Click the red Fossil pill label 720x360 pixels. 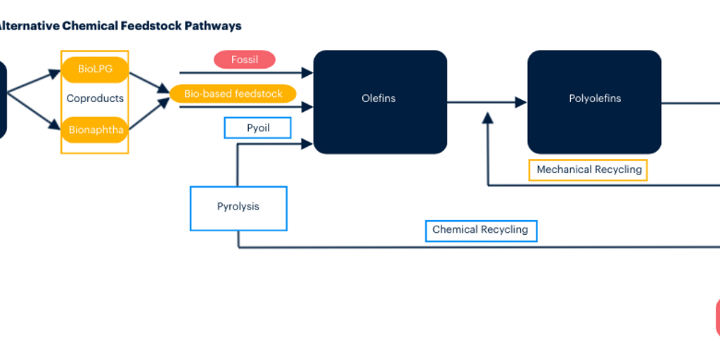(x=245, y=60)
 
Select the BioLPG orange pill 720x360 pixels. (x=95, y=69)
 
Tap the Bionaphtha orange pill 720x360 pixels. (x=95, y=129)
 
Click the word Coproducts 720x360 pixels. (x=95, y=98)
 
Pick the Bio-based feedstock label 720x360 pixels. (x=233, y=94)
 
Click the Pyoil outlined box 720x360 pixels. (x=257, y=128)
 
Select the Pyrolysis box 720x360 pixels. (x=238, y=207)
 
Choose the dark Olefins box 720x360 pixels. (x=380, y=101)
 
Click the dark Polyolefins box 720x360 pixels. (x=594, y=101)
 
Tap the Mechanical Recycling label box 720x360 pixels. (x=588, y=170)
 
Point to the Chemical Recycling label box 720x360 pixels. (x=481, y=230)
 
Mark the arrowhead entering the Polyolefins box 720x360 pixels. (x=521, y=103)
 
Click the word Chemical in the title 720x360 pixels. (x=87, y=26)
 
